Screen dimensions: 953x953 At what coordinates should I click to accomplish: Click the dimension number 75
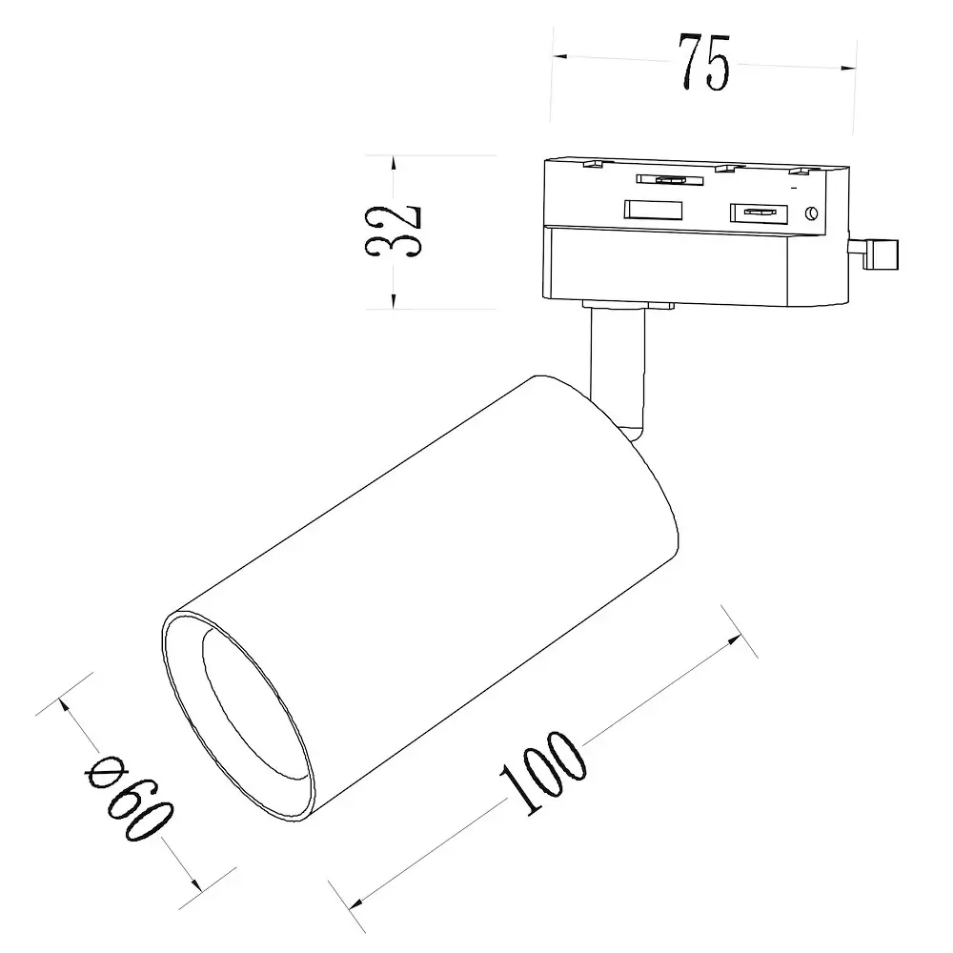(x=704, y=62)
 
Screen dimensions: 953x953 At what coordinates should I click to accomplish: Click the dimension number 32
(x=393, y=232)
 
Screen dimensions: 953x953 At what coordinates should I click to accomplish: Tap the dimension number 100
(x=544, y=772)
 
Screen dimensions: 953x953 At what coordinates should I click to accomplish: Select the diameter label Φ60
(x=130, y=797)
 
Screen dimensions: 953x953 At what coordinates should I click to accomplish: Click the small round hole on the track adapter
(x=811, y=213)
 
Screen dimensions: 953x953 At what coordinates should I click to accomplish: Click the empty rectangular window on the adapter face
(x=653, y=210)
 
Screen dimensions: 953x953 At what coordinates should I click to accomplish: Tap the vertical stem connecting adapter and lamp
(x=617, y=372)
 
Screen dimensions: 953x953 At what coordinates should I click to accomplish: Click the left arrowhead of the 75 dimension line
(x=559, y=56)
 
